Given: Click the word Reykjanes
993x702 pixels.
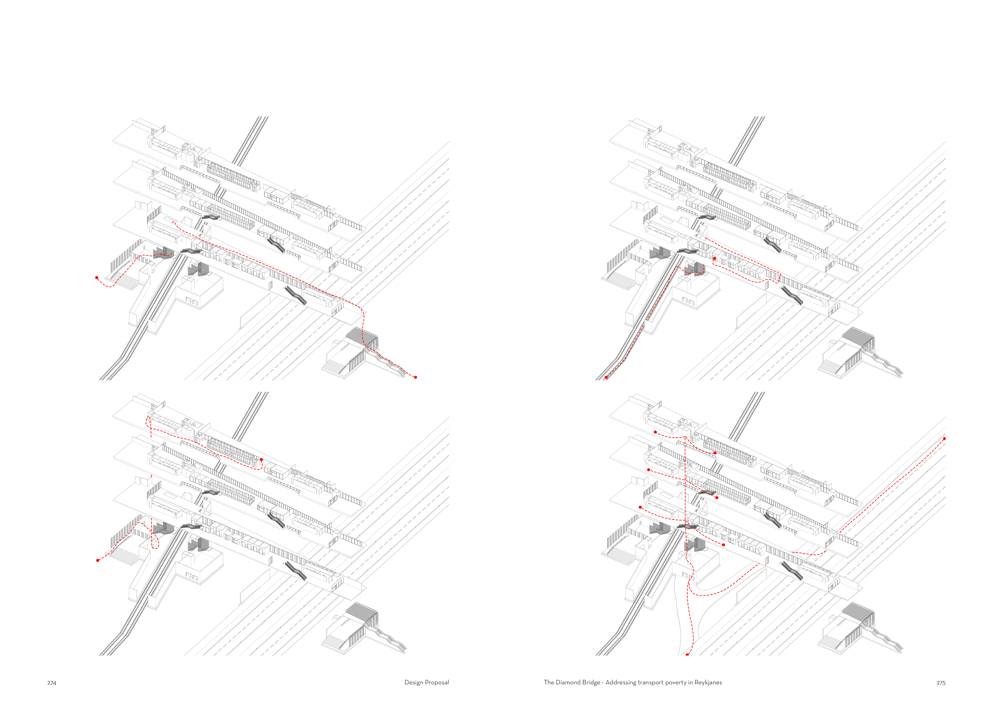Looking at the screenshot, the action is pos(708,683).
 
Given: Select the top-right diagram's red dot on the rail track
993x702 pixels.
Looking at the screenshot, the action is pos(606,377).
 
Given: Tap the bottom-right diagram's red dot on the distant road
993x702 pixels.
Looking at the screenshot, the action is pos(944,439).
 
